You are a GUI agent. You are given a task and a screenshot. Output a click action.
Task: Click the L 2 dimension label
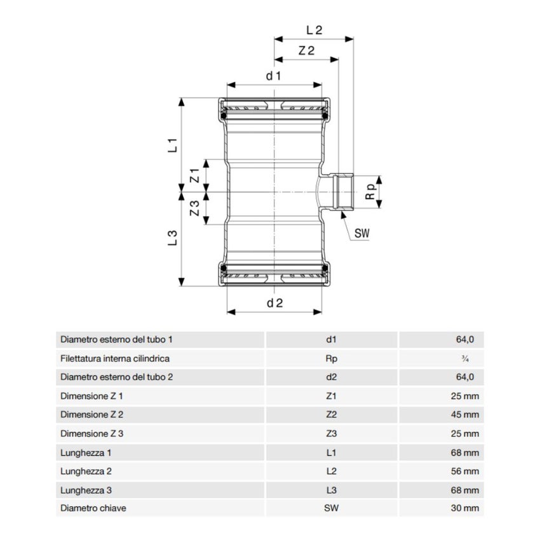tap(314, 29)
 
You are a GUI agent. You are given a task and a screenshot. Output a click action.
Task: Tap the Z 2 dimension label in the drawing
tap(306, 51)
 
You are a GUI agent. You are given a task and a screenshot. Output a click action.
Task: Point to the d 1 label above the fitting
tap(274, 76)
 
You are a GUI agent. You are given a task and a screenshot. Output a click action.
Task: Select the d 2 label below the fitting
tap(274, 303)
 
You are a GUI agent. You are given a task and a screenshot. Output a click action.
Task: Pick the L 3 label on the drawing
tap(172, 238)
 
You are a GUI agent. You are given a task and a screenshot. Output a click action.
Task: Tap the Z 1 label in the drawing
tap(196, 175)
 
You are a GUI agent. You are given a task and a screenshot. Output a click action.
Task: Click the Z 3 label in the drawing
tap(196, 208)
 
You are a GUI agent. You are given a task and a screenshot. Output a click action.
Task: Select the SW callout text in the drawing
tap(361, 234)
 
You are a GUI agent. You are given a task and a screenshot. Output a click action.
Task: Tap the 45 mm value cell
tap(466, 415)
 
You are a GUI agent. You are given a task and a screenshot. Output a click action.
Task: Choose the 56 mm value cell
tap(466, 471)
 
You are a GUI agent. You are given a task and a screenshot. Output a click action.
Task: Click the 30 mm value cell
tap(466, 508)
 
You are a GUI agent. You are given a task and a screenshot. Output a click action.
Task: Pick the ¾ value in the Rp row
tap(465, 358)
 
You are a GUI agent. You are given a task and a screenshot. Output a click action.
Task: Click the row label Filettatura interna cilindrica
tap(115, 358)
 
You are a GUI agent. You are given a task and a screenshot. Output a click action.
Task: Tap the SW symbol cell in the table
tap(331, 508)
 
